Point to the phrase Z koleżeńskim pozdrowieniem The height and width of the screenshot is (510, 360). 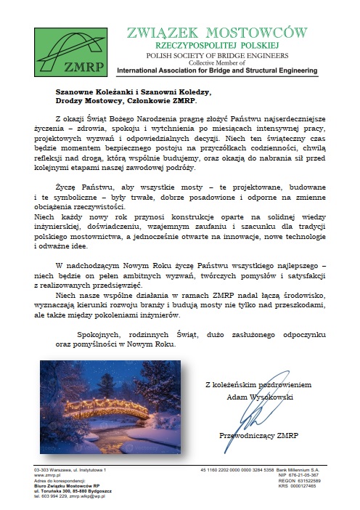coord(259,384)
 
